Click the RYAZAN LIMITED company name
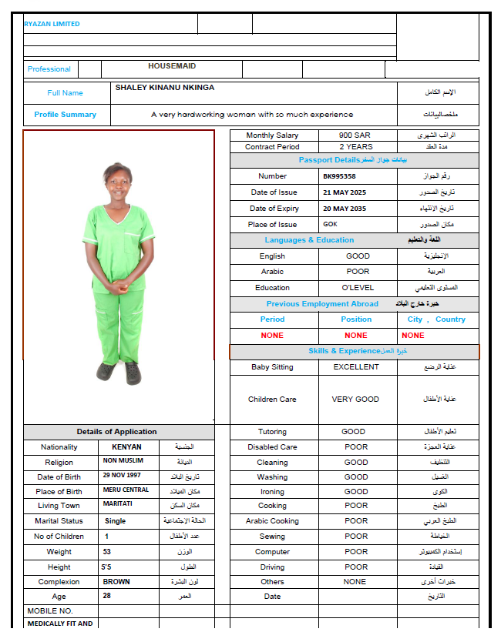[52, 24]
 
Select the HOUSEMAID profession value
[172, 66]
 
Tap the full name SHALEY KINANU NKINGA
[165, 88]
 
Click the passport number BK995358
[339, 176]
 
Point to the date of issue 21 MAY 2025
[345, 192]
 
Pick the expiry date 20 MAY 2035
[345, 209]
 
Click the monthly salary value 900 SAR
[355, 135]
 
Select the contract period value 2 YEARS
[355, 146]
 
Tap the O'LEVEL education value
[357, 288]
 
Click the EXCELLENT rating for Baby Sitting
[356, 367]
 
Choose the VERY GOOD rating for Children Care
[355, 400]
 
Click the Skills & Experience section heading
[344, 351]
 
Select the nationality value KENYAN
[122, 446]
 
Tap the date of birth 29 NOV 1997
[123, 476]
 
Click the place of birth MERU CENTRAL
[126, 491]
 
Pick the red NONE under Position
[355, 336]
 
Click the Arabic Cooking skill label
[272, 521]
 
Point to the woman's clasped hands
[118, 286]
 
